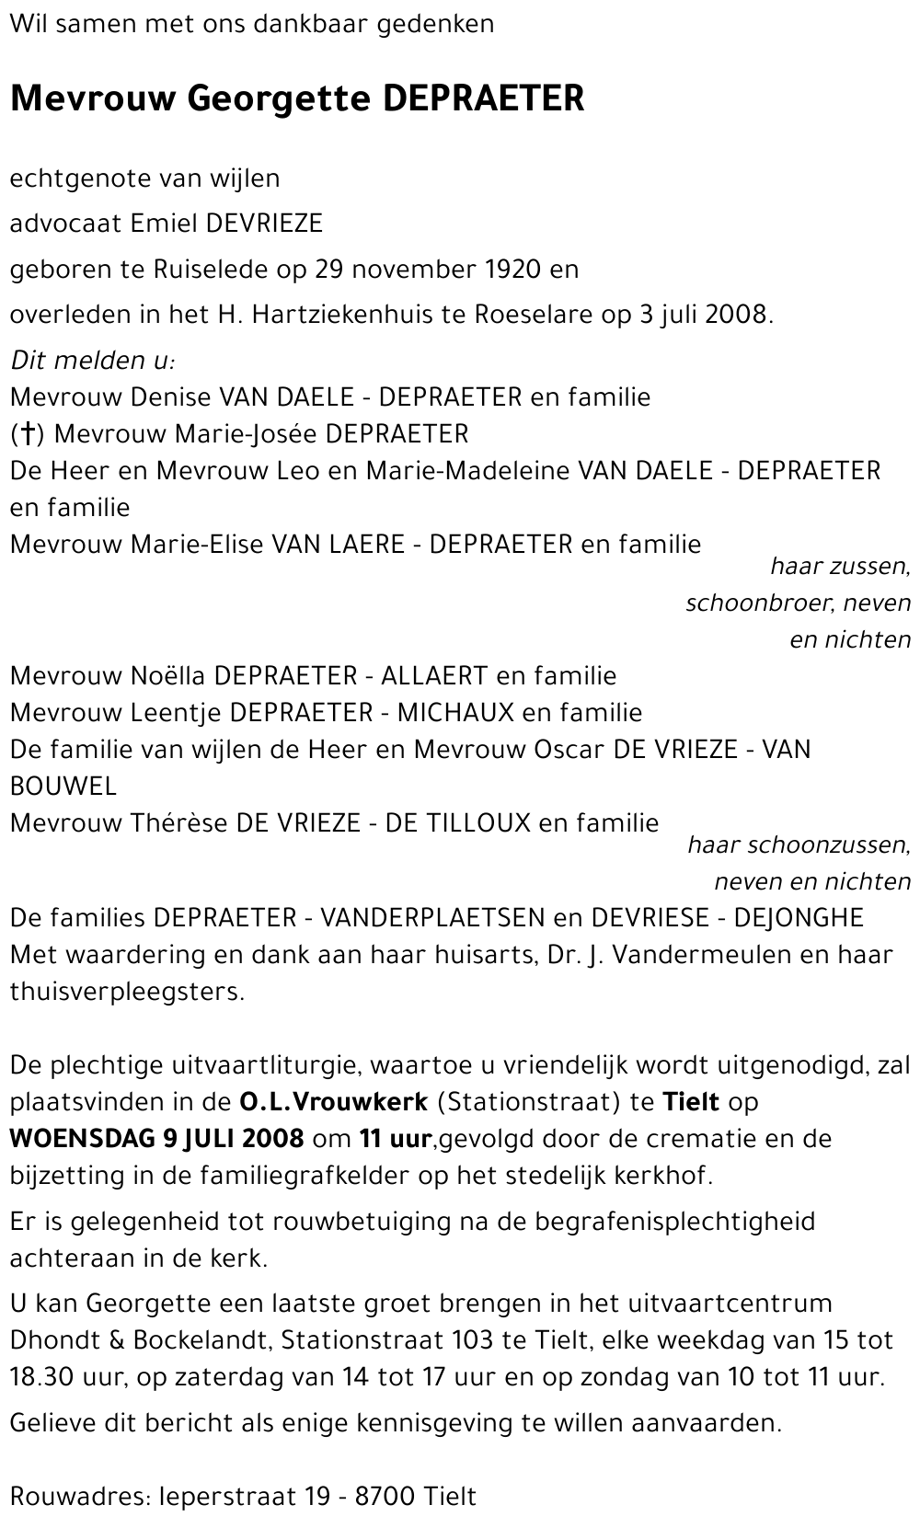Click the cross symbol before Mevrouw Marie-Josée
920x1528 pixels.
28,434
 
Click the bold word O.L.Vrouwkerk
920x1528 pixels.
333,1102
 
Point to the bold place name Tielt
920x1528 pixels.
691,1102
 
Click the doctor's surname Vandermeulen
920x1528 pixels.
702,955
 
